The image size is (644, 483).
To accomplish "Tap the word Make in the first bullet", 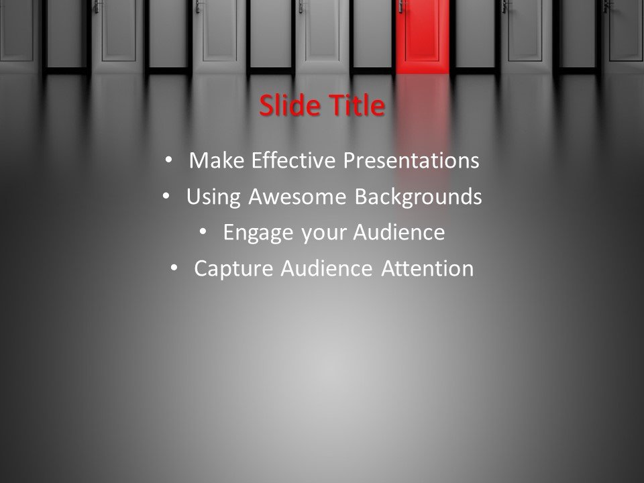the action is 217,160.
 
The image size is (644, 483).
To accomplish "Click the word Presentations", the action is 411,160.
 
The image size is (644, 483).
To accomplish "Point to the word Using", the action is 213,197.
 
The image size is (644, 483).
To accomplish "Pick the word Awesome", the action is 297,197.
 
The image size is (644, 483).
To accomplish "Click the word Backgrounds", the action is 418,197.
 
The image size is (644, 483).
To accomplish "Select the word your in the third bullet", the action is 323,233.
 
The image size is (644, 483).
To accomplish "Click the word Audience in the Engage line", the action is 398,232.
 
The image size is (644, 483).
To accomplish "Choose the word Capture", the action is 233,269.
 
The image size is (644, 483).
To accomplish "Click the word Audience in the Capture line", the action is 327,268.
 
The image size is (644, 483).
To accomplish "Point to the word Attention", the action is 427,268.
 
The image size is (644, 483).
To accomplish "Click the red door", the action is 423,36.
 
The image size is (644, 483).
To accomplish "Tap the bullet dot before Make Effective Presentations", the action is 168,160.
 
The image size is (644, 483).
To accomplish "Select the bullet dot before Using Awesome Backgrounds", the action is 166,197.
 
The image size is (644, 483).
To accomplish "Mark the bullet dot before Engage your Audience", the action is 203,232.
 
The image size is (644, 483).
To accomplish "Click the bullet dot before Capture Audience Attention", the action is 174,268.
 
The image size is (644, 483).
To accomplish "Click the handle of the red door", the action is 401,6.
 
